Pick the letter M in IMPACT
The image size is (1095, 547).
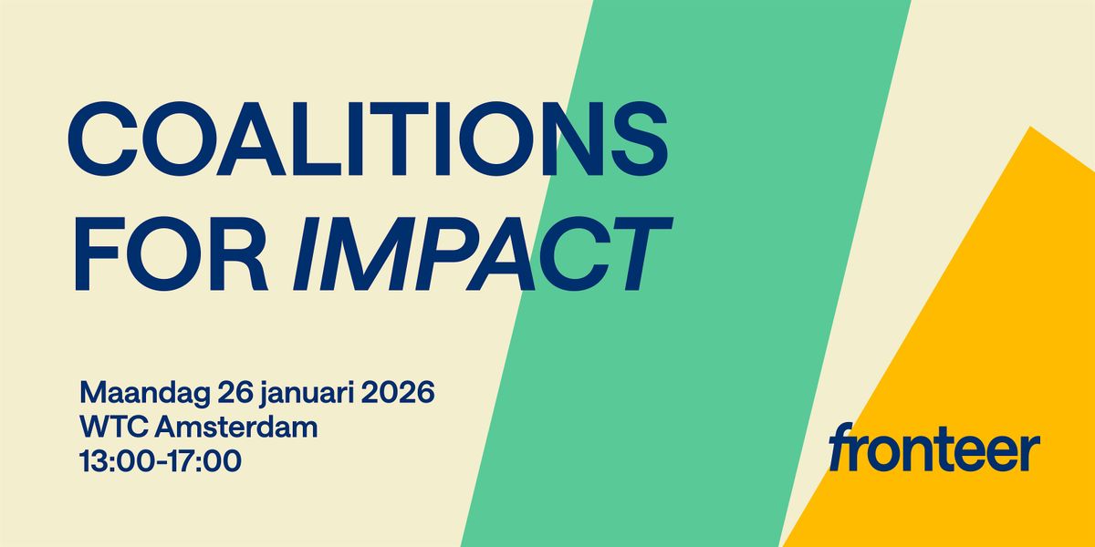(365, 249)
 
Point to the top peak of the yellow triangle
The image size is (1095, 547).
(1031, 129)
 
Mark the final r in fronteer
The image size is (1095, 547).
(1031, 452)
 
